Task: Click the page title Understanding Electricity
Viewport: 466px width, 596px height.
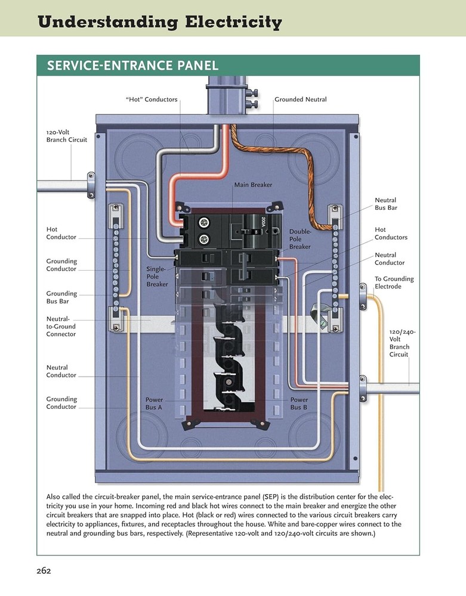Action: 159,23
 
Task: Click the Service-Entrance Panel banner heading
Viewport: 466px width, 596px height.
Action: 128,65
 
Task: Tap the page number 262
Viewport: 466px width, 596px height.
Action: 43,570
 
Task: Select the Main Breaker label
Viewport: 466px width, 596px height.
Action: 253,185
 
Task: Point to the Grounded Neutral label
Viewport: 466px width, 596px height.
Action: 301,100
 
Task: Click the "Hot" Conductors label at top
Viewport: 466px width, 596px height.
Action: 152,100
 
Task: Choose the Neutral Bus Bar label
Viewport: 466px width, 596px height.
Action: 385,204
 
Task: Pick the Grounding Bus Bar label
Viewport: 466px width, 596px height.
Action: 61,297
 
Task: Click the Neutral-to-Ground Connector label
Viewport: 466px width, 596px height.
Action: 61,327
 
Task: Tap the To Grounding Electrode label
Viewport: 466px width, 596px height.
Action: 394,283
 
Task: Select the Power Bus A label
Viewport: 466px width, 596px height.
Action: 153,403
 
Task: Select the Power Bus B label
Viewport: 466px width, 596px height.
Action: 299,403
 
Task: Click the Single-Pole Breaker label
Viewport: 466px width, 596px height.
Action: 157,277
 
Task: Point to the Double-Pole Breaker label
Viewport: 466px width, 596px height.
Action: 300,238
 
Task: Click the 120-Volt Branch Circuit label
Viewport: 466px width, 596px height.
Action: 66,136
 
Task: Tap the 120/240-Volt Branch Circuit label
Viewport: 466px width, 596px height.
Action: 402,343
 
